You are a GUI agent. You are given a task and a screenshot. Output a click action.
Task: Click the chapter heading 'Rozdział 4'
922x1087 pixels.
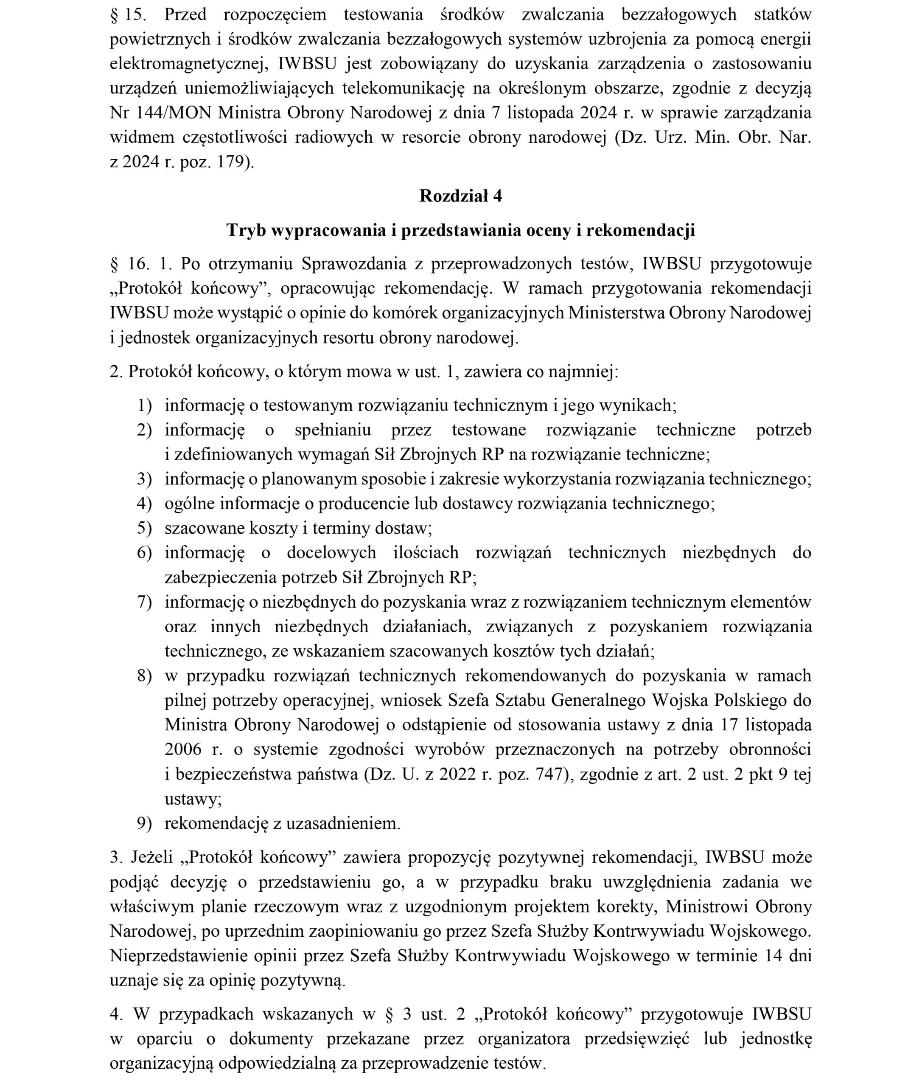460,196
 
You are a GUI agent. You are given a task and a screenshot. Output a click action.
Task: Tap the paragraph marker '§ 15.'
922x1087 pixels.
129,14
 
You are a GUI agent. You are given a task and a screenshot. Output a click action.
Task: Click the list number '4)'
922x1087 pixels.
144,504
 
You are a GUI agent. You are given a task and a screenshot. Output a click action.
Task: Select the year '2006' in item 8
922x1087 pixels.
183,749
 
